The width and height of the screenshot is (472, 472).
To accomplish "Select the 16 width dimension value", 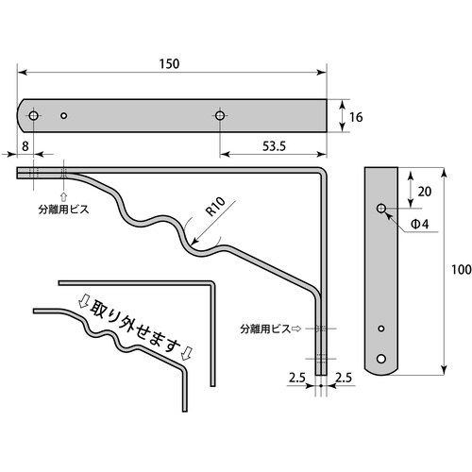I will [356, 117].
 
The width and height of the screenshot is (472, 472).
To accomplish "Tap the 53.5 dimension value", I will [274, 145].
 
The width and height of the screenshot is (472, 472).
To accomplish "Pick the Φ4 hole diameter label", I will [421, 225].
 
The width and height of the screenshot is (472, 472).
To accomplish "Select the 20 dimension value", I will [425, 191].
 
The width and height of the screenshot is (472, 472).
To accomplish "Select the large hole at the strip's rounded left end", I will [34, 115].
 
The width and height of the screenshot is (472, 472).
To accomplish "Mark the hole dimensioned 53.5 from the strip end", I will [220, 115].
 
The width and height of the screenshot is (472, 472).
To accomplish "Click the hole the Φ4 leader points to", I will [381, 208].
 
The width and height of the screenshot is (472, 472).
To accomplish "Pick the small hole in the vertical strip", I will [381, 329].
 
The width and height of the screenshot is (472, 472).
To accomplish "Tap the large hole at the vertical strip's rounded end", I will [381, 359].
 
